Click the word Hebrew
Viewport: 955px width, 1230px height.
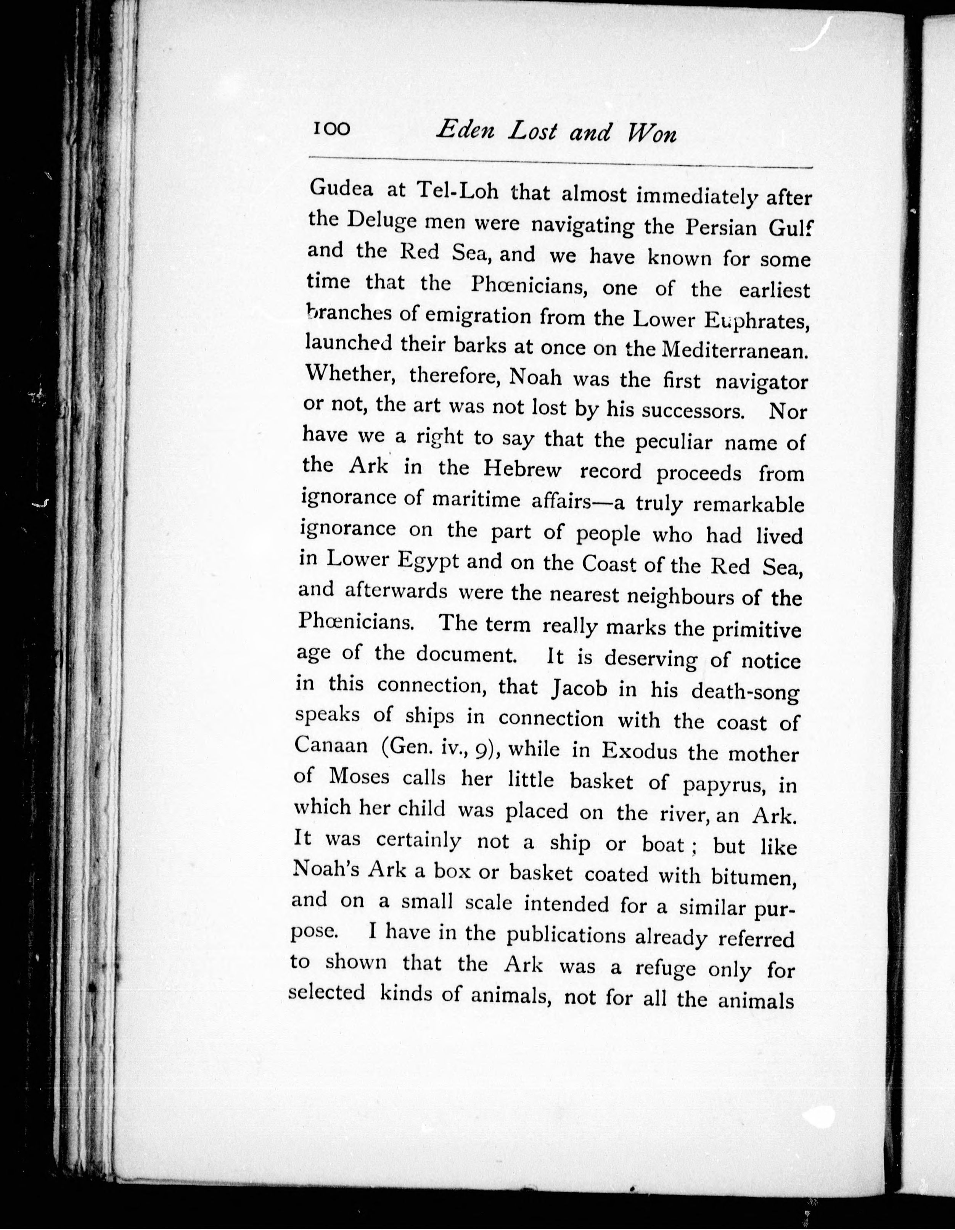[520, 469]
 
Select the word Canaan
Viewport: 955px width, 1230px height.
[331, 745]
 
